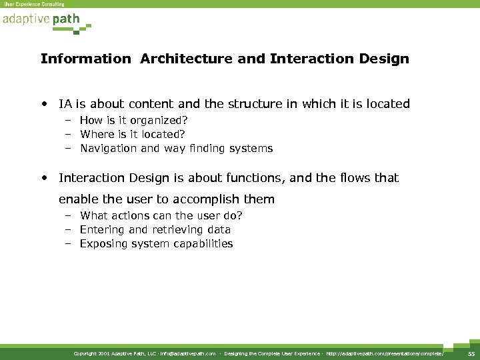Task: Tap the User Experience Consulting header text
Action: [x=35, y=4]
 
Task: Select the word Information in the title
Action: [x=86, y=59]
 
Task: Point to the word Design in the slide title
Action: [x=385, y=59]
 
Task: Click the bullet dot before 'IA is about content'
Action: [x=44, y=104]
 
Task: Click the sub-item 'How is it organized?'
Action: [x=133, y=120]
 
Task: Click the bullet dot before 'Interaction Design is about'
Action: [x=44, y=178]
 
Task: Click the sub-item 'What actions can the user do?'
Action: [x=161, y=215]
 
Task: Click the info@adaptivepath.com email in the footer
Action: [x=187, y=353]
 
